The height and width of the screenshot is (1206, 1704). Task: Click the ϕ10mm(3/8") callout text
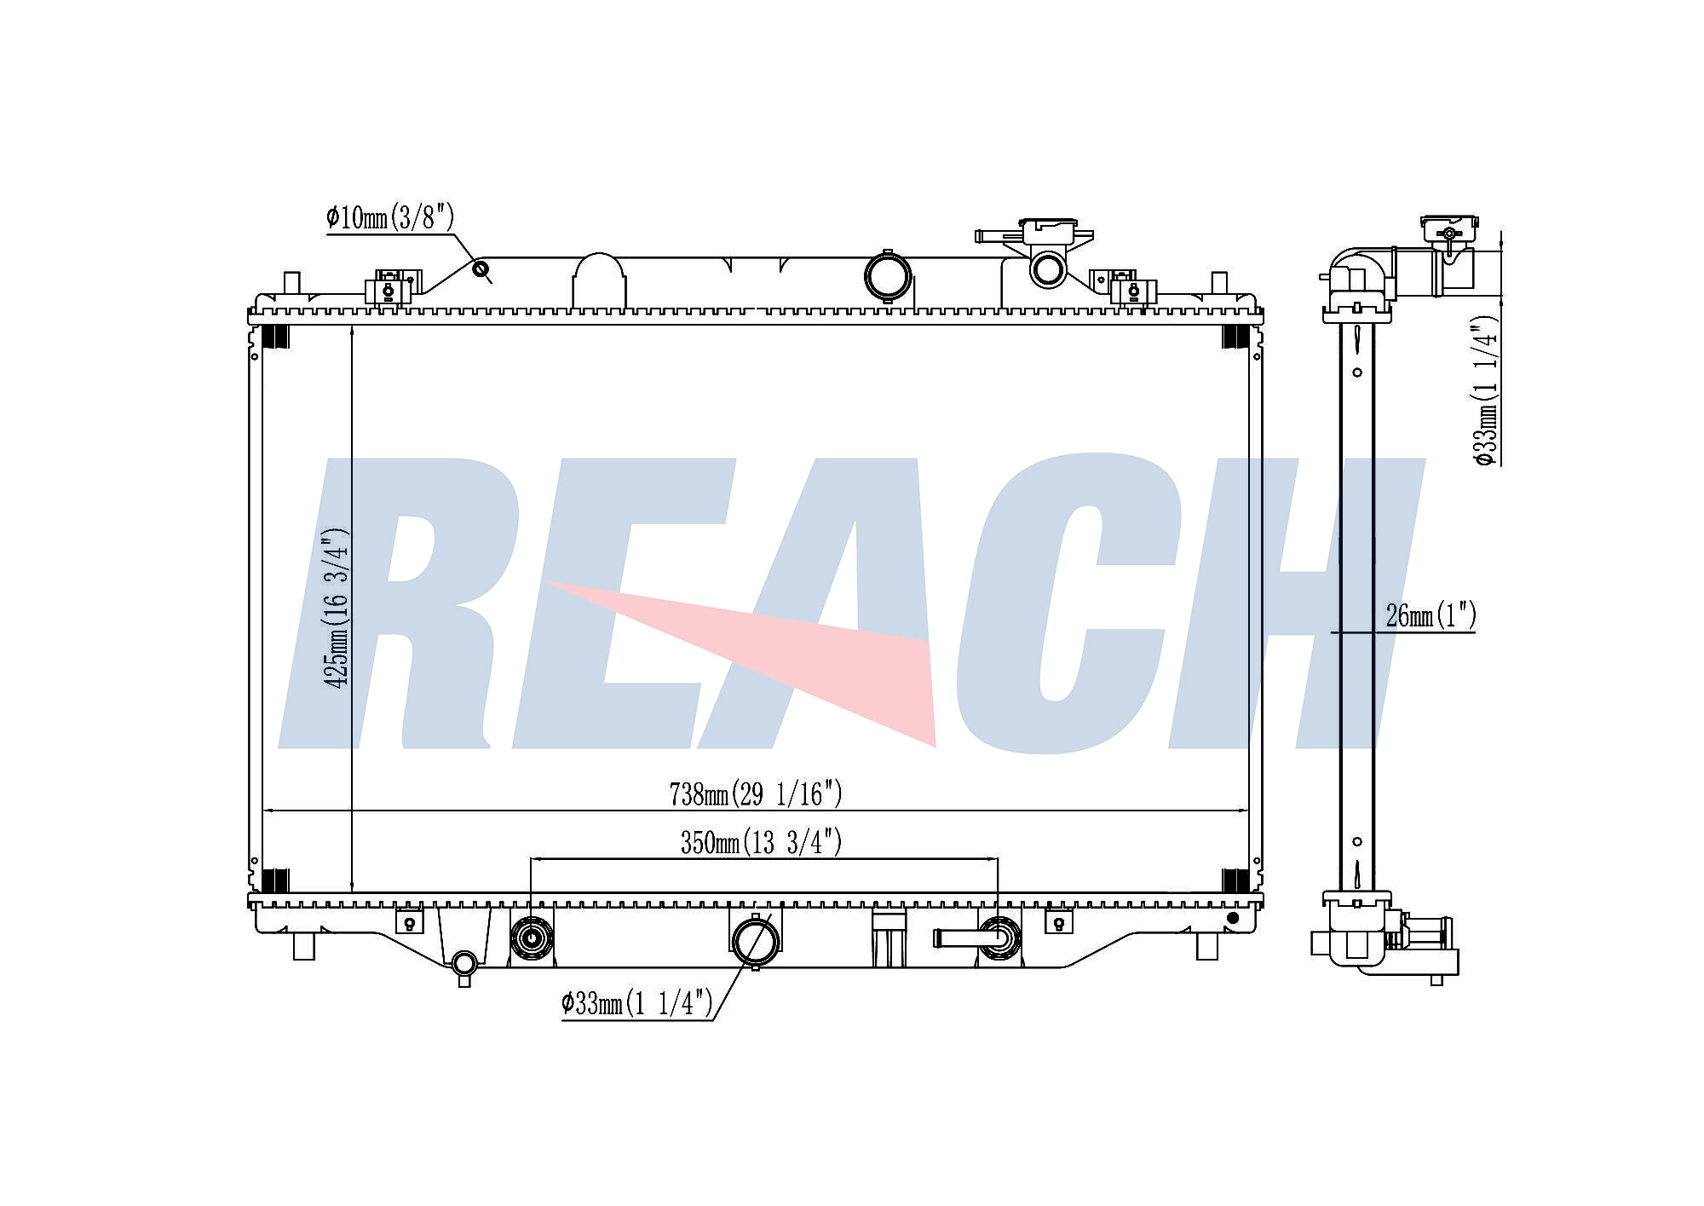pyautogui.click(x=389, y=218)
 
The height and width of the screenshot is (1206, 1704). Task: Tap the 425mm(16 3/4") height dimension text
pyautogui.click(x=336, y=609)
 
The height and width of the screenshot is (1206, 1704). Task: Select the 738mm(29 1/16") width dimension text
pyautogui.click(x=756, y=794)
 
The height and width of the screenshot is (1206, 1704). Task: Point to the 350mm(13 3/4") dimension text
pyautogui.click(x=761, y=843)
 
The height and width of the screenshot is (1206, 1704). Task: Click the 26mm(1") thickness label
pyautogui.click(x=1431, y=615)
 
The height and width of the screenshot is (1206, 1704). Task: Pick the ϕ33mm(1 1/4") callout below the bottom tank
pyautogui.click(x=636, y=1004)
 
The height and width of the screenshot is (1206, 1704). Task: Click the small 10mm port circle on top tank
pyautogui.click(x=481, y=270)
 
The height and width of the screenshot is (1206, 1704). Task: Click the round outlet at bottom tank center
pyautogui.click(x=755, y=940)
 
